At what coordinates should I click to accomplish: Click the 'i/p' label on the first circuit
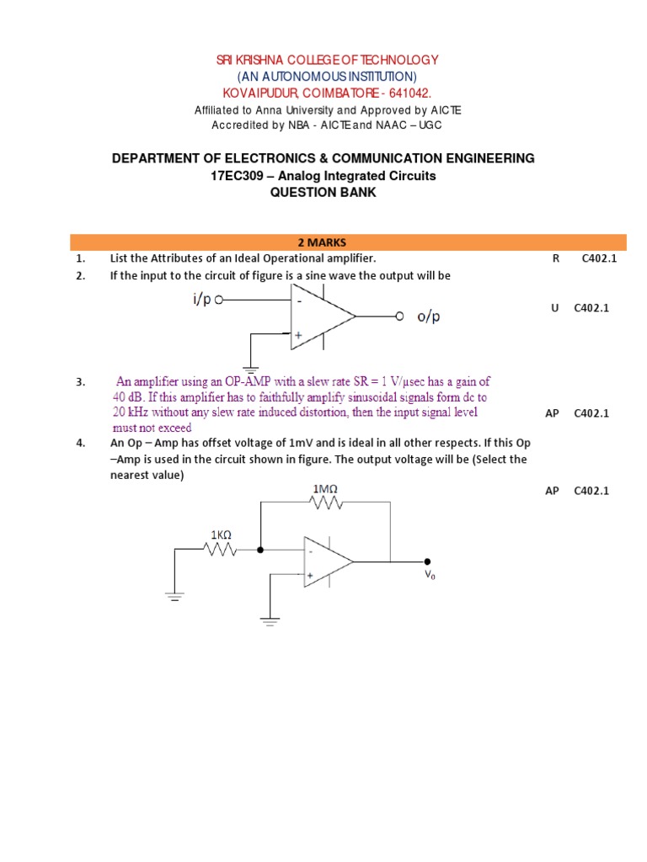pyautogui.click(x=201, y=300)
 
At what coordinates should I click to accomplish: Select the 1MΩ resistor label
pyautogui.click(x=327, y=490)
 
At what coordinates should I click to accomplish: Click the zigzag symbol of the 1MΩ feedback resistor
pyautogui.click(x=327, y=503)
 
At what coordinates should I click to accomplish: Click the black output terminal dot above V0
pyautogui.click(x=428, y=561)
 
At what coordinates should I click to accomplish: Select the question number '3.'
pyautogui.click(x=80, y=382)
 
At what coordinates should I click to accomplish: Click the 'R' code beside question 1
pyautogui.click(x=555, y=258)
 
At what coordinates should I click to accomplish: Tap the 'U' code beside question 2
pyautogui.click(x=555, y=308)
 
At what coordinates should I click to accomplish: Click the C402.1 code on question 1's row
pyautogui.click(x=599, y=258)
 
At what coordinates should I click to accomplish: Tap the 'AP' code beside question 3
pyautogui.click(x=553, y=412)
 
